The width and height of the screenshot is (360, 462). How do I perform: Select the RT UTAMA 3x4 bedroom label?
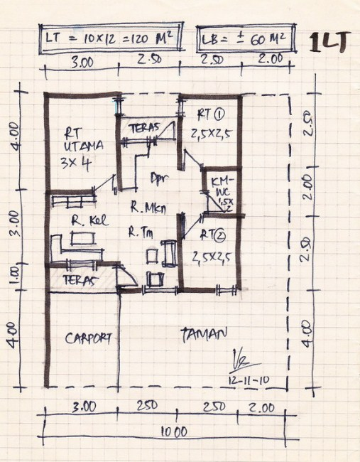pos(83,146)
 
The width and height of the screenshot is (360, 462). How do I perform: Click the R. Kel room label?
pos(89,221)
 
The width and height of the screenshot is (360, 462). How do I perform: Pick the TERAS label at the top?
pos(146,128)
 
